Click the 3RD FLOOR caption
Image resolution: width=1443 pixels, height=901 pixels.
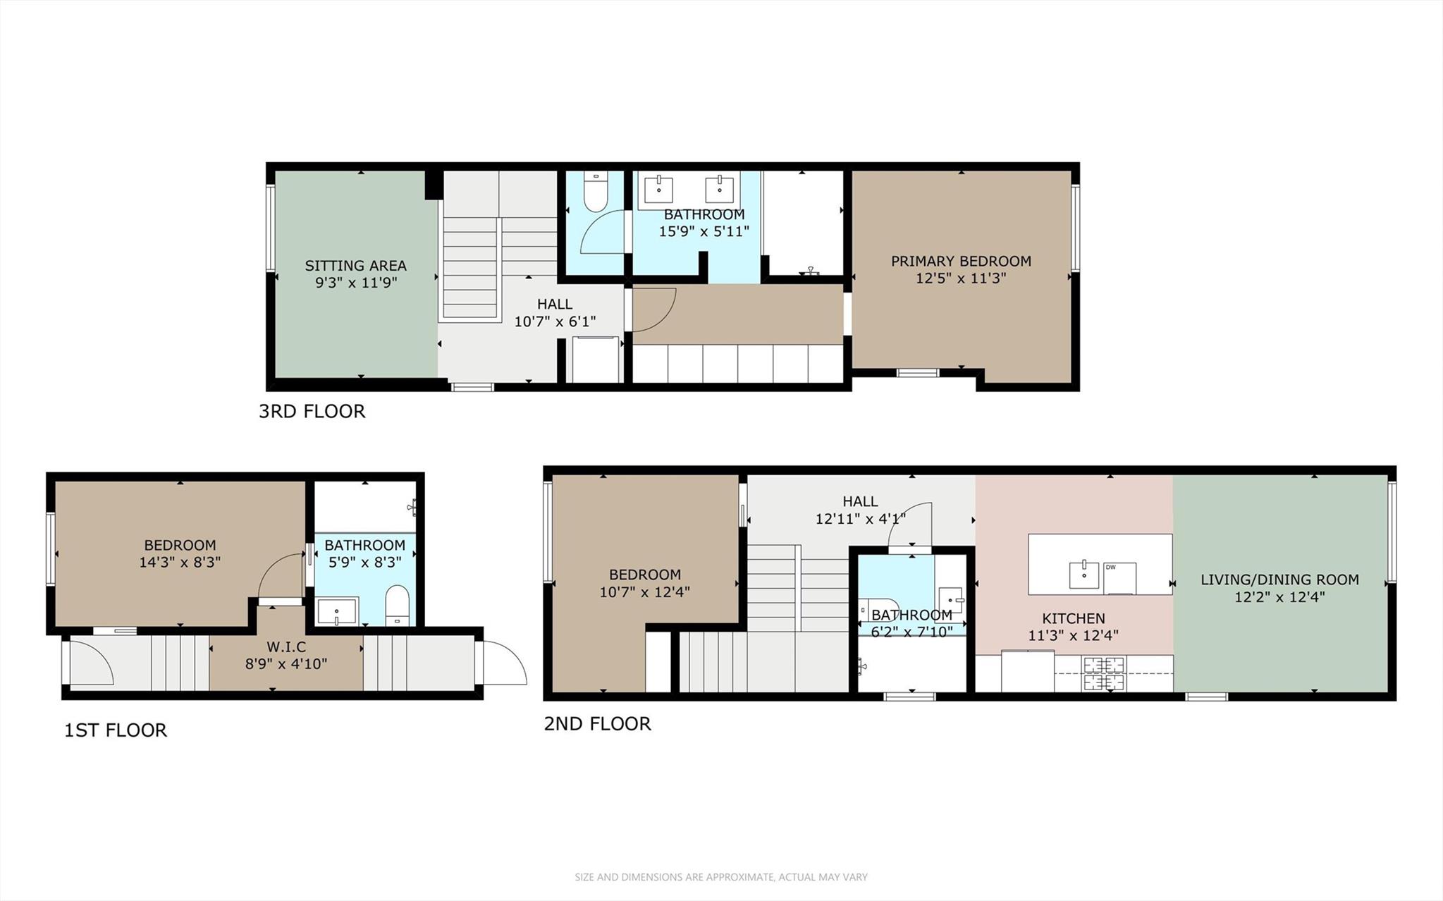(312, 411)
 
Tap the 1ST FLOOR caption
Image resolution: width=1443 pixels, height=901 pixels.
(116, 730)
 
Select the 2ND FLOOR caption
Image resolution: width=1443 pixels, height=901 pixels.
(597, 723)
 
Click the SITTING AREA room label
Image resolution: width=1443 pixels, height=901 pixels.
(355, 266)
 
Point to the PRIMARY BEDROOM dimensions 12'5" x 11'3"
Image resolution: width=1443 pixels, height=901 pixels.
(961, 278)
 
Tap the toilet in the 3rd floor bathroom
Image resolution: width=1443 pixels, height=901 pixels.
(596, 195)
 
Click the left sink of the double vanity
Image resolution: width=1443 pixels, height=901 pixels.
(658, 190)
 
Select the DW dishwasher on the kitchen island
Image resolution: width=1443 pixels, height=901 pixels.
(1119, 577)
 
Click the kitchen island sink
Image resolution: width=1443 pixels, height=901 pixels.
(1084, 575)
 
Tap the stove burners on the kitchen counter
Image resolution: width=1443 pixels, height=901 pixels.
(1104, 673)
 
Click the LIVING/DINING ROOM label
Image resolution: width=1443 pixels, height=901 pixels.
(1279, 580)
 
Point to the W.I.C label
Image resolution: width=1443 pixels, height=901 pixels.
(286, 646)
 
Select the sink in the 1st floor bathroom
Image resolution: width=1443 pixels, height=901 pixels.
(338, 611)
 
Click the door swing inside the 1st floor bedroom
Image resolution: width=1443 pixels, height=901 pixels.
(281, 577)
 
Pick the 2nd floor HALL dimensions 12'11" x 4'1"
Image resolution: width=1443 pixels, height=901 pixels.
(860, 519)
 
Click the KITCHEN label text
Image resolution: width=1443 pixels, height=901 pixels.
(1073, 618)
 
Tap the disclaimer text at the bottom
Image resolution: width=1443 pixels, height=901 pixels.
(721, 877)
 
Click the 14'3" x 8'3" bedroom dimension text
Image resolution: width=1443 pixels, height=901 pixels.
(180, 563)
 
